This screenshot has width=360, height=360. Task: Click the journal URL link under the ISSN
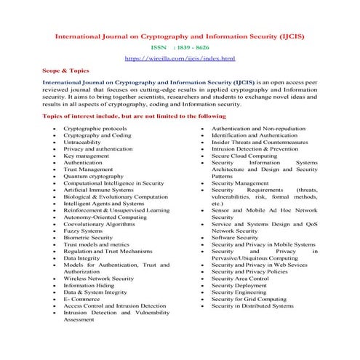click(180, 57)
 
